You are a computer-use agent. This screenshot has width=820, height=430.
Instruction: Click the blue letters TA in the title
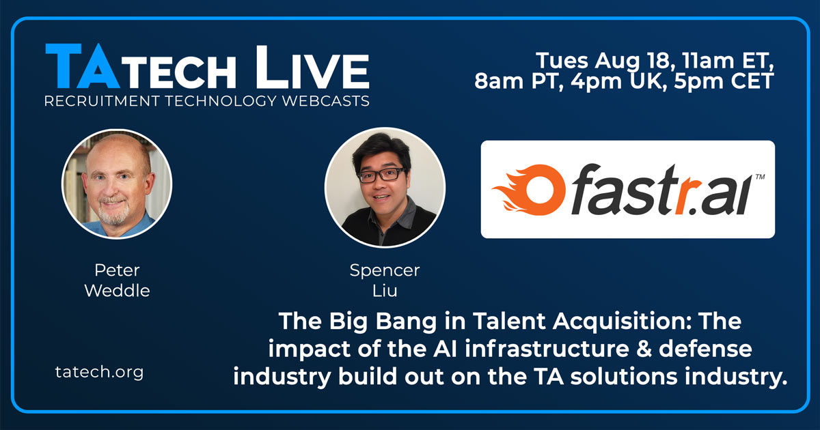(x=83, y=66)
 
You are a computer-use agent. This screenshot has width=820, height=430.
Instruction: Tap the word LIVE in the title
(x=312, y=68)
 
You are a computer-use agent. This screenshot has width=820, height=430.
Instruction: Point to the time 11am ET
(x=728, y=60)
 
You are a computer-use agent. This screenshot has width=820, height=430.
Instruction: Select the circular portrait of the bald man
(x=117, y=184)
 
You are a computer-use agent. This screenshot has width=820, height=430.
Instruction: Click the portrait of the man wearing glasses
(x=385, y=187)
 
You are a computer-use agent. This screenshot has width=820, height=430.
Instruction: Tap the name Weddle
(x=117, y=291)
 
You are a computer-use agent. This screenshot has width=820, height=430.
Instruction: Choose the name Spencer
(x=385, y=271)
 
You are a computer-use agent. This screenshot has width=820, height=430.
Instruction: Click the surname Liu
(x=385, y=291)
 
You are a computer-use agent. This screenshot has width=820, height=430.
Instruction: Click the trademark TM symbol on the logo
(x=761, y=177)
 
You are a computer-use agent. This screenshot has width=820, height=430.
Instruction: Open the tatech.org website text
(x=99, y=373)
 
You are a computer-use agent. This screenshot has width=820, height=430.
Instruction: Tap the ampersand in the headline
(x=644, y=349)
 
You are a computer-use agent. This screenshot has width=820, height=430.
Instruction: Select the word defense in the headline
(x=705, y=349)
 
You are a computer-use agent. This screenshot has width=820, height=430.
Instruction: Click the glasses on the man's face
(x=382, y=175)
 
